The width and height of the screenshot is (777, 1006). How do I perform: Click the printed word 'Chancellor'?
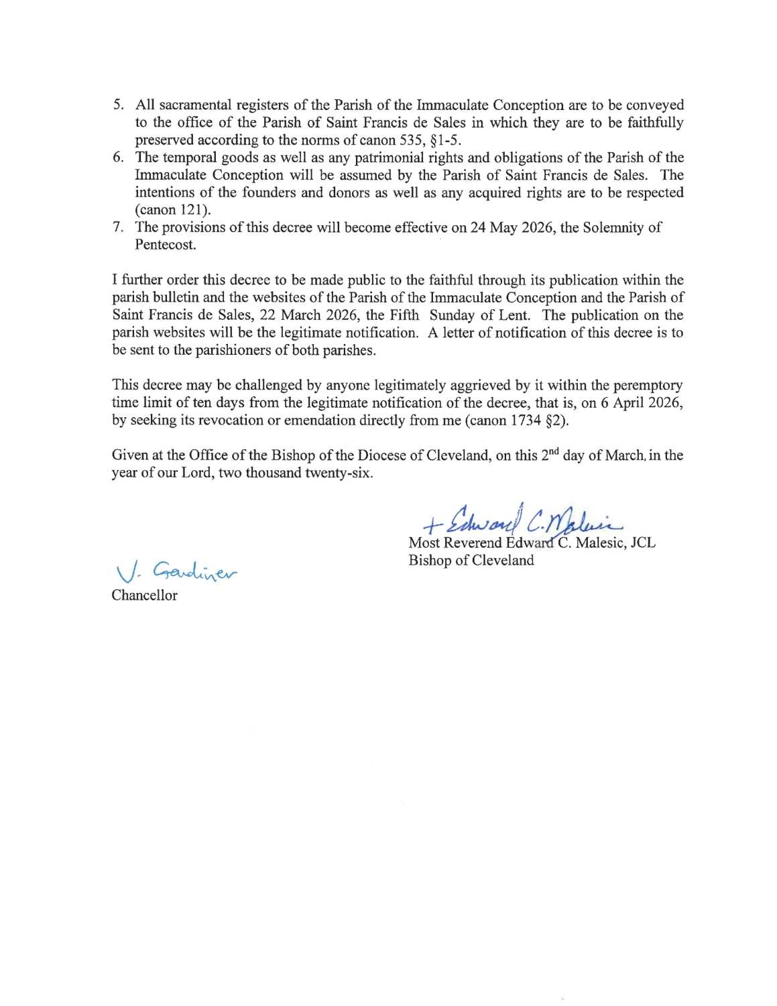pyautogui.click(x=144, y=596)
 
